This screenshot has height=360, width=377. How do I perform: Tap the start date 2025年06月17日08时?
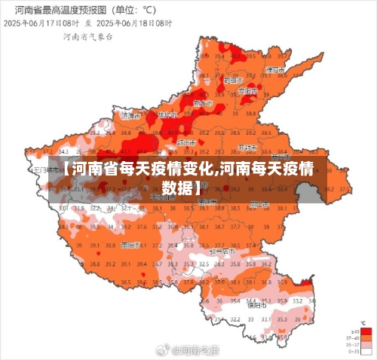tap(43, 23)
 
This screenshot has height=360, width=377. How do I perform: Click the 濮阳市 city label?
tap(274, 69)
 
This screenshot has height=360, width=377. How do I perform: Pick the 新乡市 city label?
tap(202, 103)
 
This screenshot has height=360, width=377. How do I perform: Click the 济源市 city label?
tap(130, 116)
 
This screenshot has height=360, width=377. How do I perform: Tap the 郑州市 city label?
tap(185, 141)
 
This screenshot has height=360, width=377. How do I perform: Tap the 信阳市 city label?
tap(256, 305)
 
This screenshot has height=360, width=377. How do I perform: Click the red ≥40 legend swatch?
tap(366, 331)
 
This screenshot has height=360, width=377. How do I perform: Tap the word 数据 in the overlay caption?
tap(181, 186)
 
